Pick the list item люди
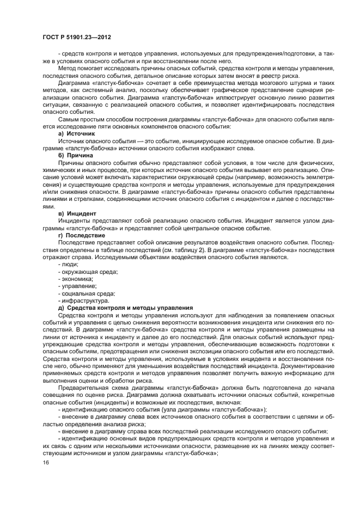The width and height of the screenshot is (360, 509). [x=69, y=264]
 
